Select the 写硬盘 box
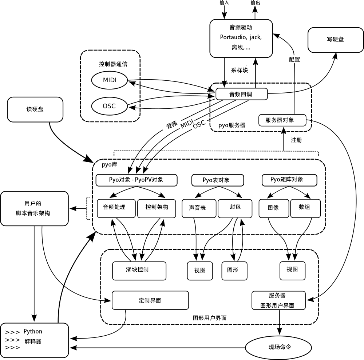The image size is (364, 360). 335,40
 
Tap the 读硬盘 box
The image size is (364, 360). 35,109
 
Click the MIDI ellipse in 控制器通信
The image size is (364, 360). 109,80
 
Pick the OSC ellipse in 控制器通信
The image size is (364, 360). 109,106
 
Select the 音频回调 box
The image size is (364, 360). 241,94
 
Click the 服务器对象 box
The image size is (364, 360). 282,120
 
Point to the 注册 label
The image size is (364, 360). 296,140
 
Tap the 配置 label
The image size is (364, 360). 294,59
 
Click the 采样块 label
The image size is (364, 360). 240,70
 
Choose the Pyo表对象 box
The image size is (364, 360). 218,180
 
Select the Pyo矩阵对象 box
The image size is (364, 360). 289,180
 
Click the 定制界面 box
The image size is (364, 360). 150,300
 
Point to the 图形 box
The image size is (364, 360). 234,271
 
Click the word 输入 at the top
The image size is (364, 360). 224,3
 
